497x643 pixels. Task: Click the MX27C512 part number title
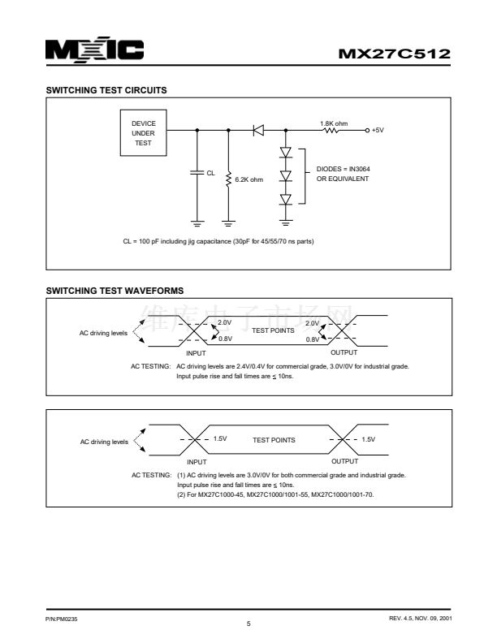click(394, 54)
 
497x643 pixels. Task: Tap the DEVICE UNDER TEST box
click(143, 133)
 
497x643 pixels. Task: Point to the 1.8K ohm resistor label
click(335, 123)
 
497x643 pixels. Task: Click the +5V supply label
click(378, 130)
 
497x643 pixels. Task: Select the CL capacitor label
click(210, 172)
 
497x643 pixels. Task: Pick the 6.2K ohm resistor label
click(249, 179)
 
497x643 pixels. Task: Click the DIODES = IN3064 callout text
click(343, 170)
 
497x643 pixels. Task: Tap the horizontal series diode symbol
click(259, 130)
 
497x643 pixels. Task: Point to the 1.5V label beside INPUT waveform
click(220, 439)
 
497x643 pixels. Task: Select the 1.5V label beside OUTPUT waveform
click(368, 439)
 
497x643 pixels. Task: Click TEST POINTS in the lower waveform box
click(274, 440)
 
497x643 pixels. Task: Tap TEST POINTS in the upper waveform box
click(273, 330)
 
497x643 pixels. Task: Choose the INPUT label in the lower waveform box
click(197, 461)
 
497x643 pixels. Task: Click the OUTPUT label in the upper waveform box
click(344, 352)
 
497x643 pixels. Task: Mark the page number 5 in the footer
click(248, 624)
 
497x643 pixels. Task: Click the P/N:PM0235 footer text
click(62, 619)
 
